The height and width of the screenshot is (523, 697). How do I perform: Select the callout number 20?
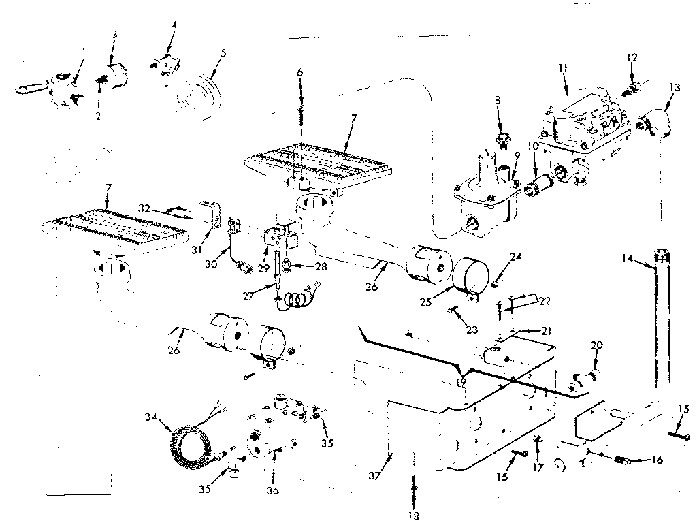tap(597, 345)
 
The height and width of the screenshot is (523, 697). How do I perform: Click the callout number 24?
tap(515, 257)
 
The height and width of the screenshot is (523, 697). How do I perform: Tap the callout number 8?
tap(498, 99)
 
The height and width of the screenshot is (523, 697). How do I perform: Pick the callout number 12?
tap(632, 58)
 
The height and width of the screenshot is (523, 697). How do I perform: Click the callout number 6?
tap(299, 72)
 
